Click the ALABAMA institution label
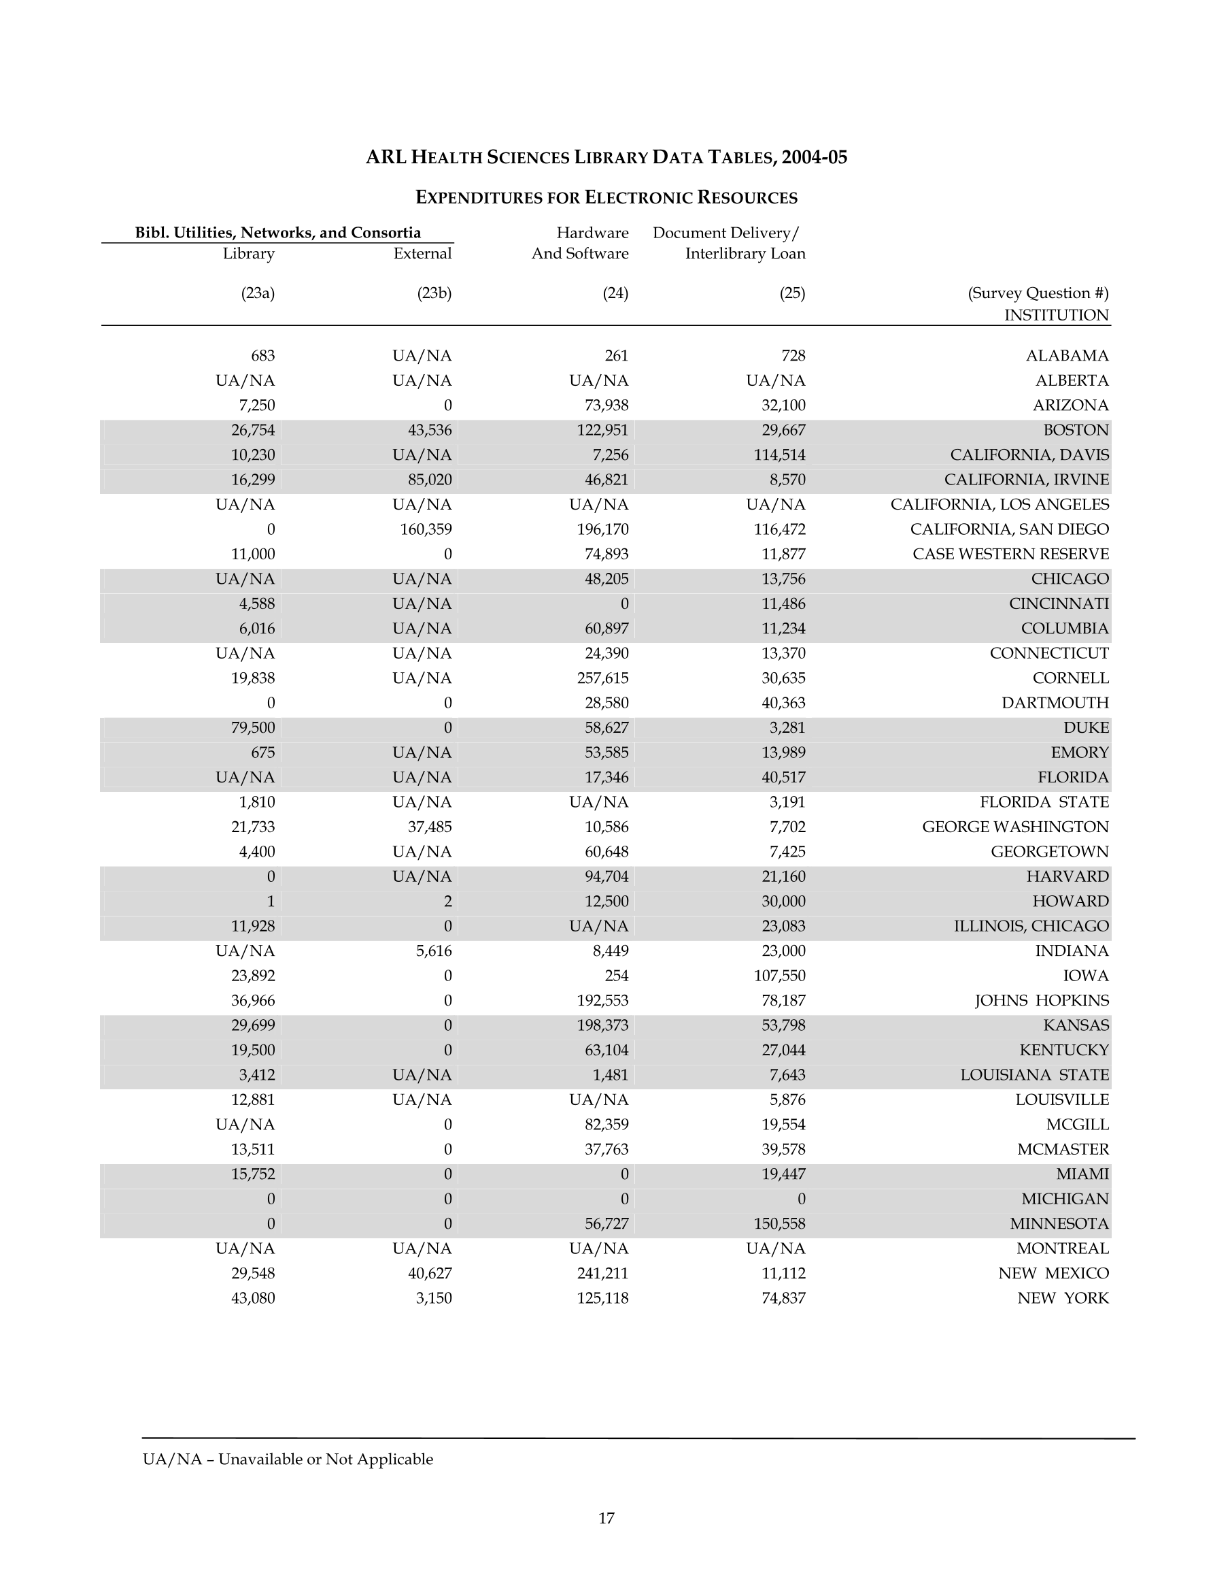1066,355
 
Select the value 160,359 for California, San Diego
426,529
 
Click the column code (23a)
258,293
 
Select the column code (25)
791,293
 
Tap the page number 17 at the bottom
606,1519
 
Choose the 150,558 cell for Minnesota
779,1223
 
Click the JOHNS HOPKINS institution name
1041,1001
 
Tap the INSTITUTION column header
1055,315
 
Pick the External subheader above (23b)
422,253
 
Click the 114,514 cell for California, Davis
779,454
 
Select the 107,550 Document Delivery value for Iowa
779,976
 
